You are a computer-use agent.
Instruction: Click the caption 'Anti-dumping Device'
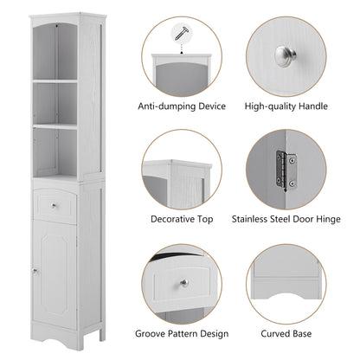[x=182, y=106]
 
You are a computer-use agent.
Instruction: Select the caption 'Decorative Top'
[x=182, y=220]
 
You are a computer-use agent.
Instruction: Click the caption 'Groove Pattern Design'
[x=182, y=333]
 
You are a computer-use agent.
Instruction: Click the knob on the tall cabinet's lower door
[x=34, y=273]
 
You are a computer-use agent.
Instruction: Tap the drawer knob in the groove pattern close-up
[x=185, y=283]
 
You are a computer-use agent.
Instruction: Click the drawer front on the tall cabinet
[x=55, y=205]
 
